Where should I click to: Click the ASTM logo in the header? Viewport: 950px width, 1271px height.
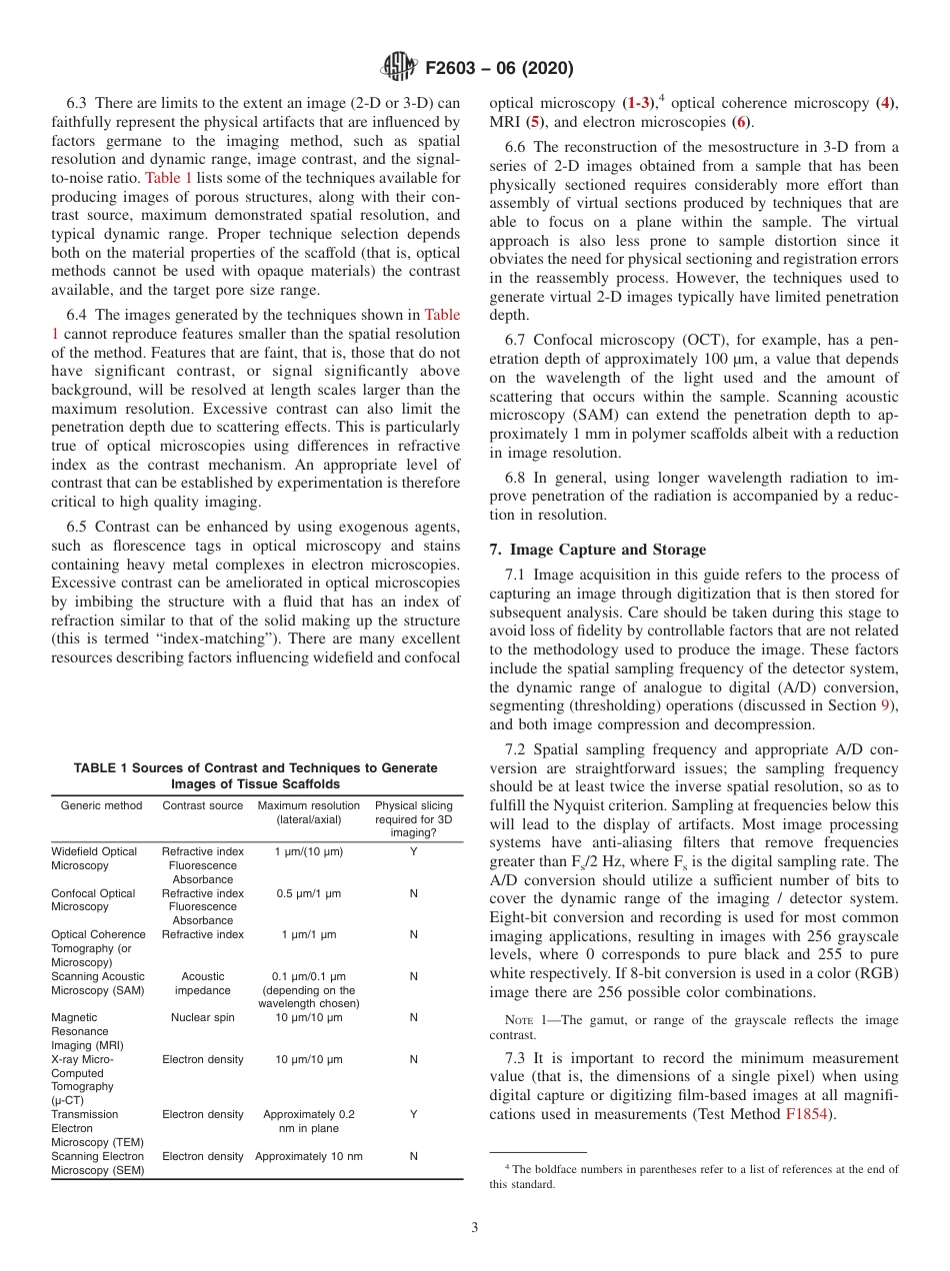click(x=399, y=68)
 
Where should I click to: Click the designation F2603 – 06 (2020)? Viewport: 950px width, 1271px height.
click(x=499, y=69)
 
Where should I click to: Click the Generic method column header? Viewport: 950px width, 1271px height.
click(x=94, y=805)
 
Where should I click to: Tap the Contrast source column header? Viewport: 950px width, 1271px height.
click(x=202, y=805)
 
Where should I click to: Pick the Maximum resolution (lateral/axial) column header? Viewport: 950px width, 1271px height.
click(x=308, y=812)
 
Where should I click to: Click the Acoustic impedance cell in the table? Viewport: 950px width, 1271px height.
click(x=202, y=983)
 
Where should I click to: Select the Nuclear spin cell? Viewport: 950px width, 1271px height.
click(x=202, y=1017)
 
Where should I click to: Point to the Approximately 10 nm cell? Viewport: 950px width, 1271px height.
click(x=308, y=1156)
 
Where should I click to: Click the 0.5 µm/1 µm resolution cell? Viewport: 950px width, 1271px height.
click(x=308, y=893)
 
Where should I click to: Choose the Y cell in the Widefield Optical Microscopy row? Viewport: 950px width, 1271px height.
click(x=413, y=851)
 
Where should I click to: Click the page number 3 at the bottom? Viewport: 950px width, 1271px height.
click(x=474, y=1227)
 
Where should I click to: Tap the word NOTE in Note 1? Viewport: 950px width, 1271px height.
click(x=524, y=1020)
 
